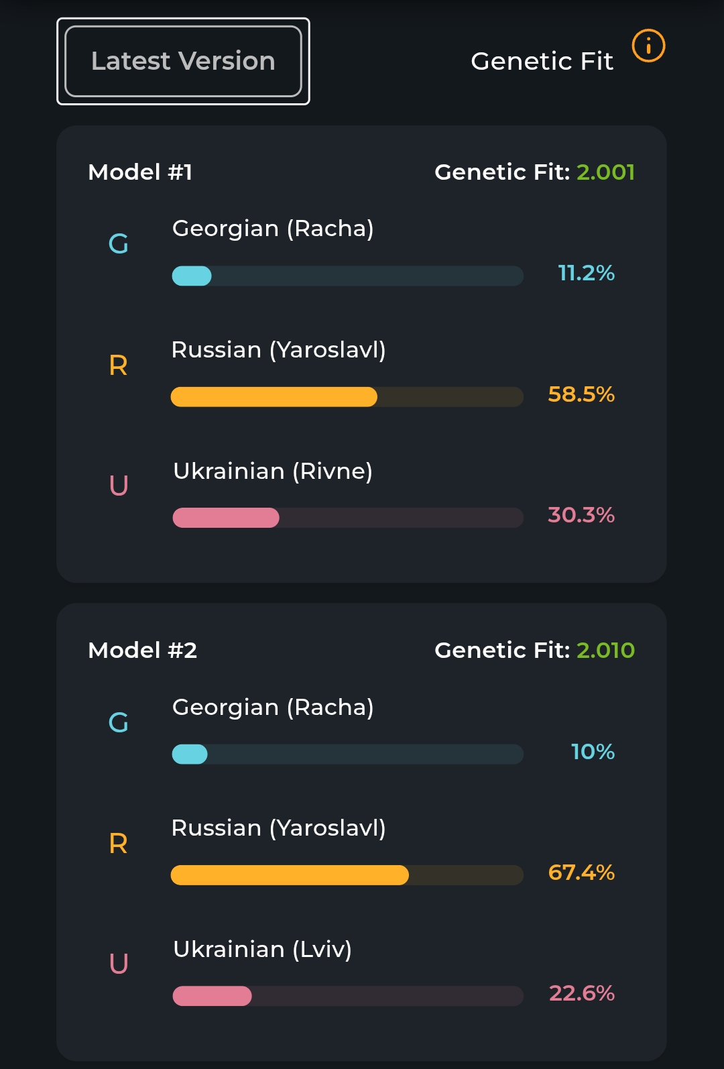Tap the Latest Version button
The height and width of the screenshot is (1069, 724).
(183, 61)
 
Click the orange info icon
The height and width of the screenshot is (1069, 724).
(648, 46)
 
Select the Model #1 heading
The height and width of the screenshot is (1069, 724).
(140, 172)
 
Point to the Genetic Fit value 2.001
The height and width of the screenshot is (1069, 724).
(605, 172)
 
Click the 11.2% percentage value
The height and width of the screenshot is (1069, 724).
(586, 273)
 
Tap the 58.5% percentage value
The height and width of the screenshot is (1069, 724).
(581, 394)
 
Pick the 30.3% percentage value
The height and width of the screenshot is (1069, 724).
(581, 515)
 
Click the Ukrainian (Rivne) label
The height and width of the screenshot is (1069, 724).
(272, 471)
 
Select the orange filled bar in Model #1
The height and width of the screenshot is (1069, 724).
(274, 397)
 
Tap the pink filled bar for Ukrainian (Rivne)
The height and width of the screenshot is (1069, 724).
(226, 518)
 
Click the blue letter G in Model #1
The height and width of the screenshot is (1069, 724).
(118, 244)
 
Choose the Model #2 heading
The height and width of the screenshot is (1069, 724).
(142, 651)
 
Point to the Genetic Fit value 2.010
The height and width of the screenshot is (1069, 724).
(605, 651)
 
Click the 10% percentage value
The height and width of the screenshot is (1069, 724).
(593, 752)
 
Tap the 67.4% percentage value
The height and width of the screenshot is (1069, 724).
(581, 873)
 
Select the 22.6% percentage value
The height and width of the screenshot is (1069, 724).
(581, 993)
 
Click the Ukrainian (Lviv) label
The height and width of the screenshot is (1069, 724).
(262, 950)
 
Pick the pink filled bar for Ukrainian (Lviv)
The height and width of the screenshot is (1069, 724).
(212, 996)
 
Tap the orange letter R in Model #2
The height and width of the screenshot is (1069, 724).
(118, 844)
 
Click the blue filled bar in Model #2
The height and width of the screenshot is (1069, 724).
(190, 754)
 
